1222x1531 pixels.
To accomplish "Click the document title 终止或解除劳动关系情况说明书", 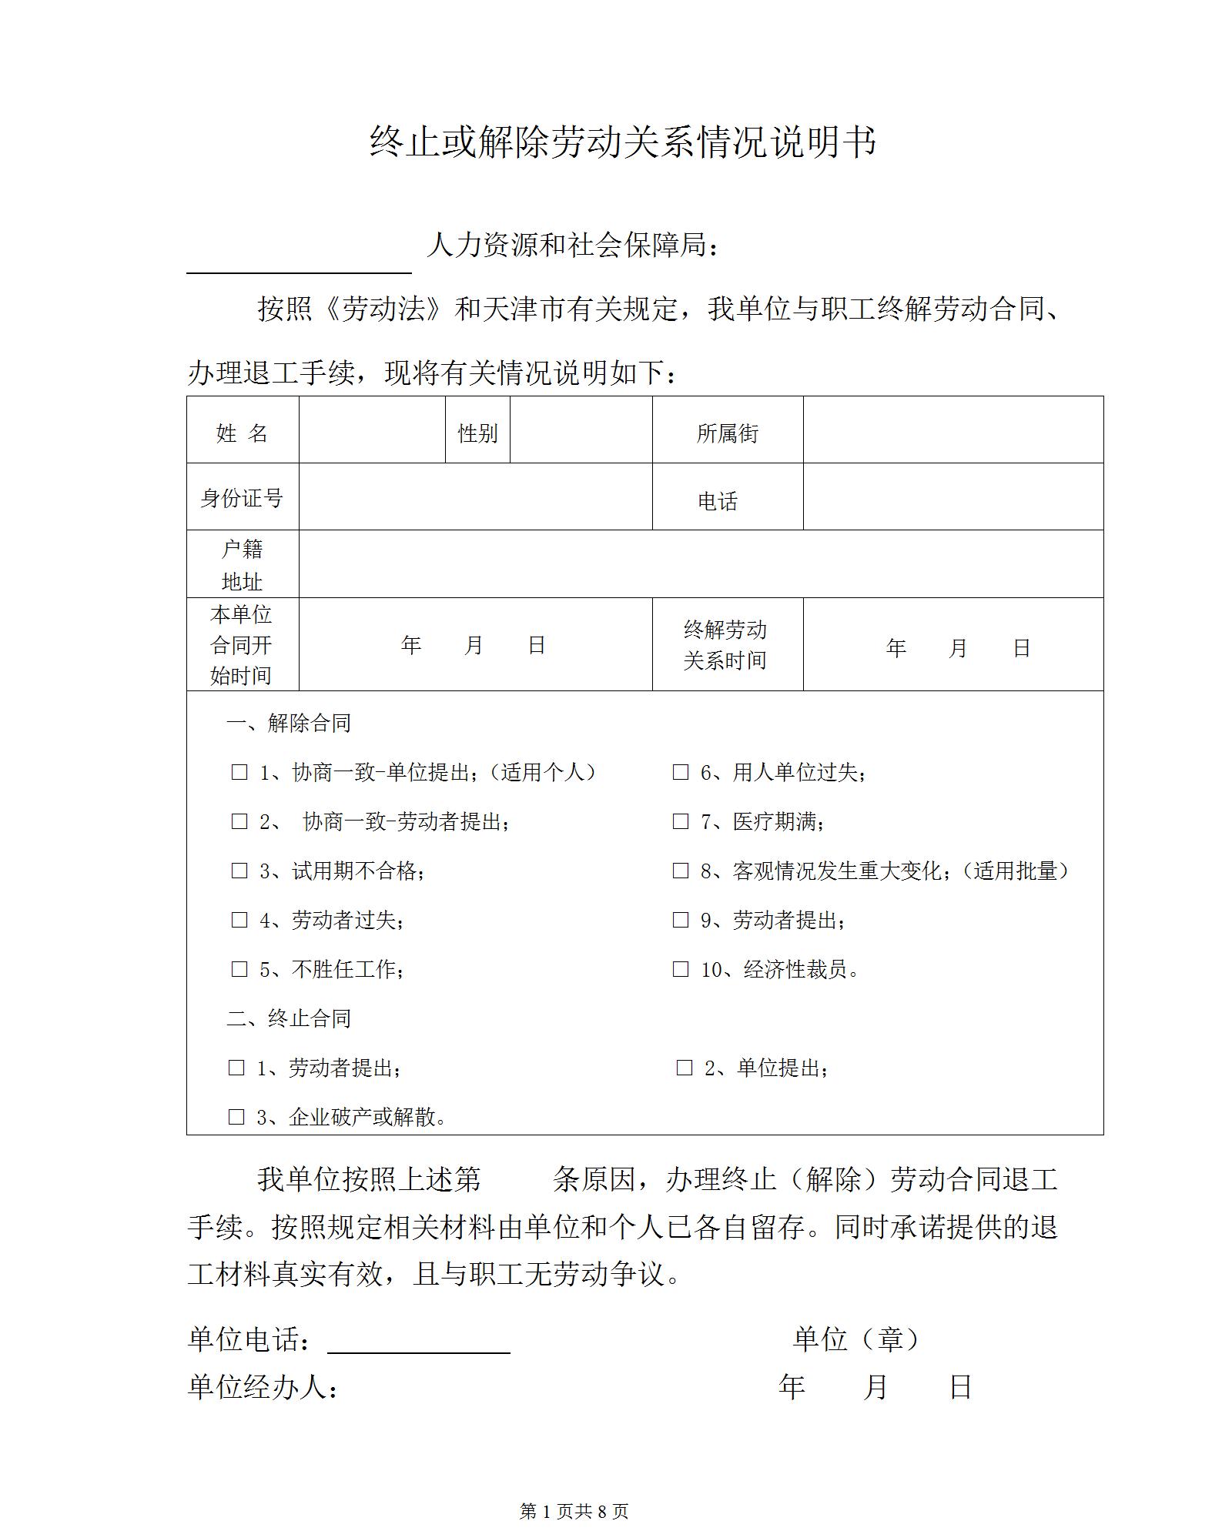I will (x=622, y=143).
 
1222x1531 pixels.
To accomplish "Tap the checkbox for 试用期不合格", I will (x=239, y=871).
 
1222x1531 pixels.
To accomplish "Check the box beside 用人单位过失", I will (x=681, y=772).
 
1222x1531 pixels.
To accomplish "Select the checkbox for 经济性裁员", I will (x=681, y=969).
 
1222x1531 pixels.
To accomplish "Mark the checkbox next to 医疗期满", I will (x=681, y=821).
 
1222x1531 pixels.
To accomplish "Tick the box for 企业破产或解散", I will (x=236, y=1117).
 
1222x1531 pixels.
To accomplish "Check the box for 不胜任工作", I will (x=239, y=969).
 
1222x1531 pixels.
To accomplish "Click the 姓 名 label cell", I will (x=242, y=433).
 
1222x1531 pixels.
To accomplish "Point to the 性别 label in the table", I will (x=477, y=433).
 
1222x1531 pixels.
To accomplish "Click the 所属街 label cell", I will (x=727, y=433).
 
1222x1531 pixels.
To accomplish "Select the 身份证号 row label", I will (x=242, y=498).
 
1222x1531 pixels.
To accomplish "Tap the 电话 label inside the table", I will (x=718, y=502).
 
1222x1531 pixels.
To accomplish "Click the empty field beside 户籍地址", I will (x=701, y=564).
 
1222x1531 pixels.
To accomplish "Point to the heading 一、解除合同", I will (x=289, y=723).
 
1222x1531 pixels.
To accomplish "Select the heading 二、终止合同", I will (x=289, y=1018).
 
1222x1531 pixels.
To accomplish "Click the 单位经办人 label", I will (x=263, y=1387).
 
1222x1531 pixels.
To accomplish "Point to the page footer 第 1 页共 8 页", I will (x=574, y=1512).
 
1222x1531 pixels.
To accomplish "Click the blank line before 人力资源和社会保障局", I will (x=299, y=262).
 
